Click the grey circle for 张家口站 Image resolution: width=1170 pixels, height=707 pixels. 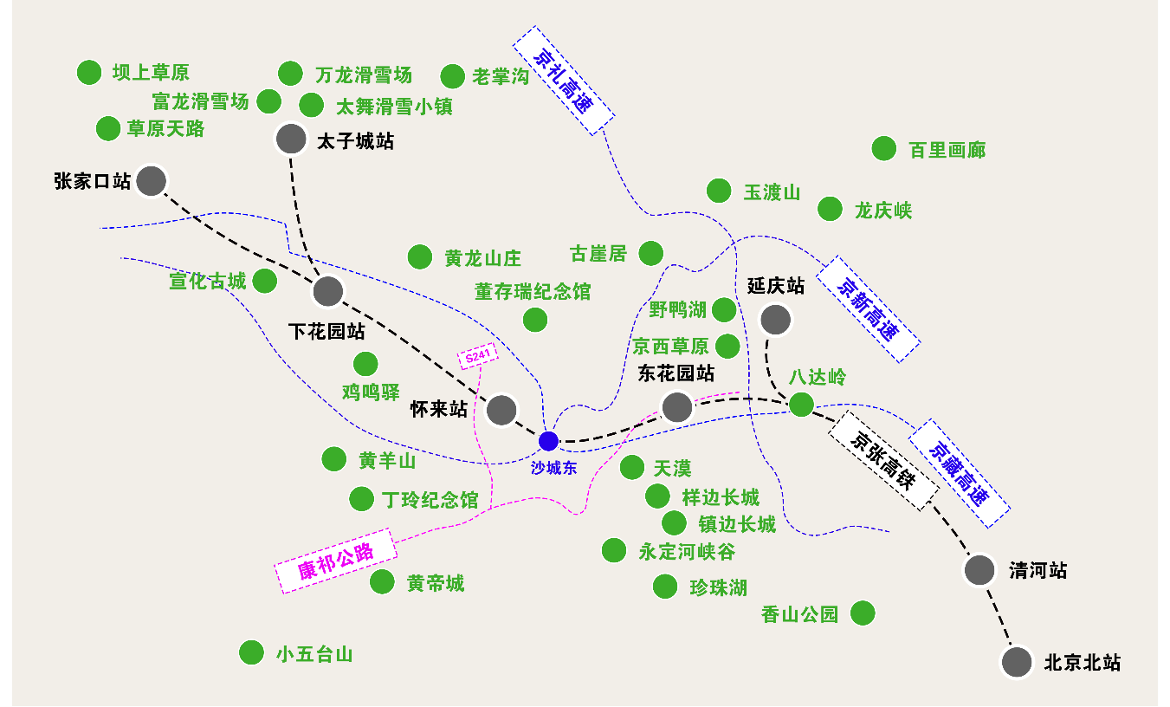click(x=152, y=181)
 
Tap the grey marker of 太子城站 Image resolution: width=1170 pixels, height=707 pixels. click(x=291, y=139)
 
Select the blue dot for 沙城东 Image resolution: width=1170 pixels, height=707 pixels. click(x=548, y=441)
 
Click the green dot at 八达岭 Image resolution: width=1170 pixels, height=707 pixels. click(x=801, y=404)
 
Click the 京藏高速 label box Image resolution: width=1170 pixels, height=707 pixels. click(x=959, y=474)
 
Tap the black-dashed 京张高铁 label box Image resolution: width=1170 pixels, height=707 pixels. click(x=883, y=461)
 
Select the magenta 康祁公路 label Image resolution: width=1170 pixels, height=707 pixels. click(x=335, y=561)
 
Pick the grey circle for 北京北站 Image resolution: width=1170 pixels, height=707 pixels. click(x=1017, y=662)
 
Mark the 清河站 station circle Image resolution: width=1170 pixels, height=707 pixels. click(x=980, y=570)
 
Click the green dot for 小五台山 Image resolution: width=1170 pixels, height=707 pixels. click(x=251, y=652)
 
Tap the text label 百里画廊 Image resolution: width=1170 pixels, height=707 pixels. click(x=947, y=150)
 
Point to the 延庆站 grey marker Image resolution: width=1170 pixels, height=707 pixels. click(x=775, y=320)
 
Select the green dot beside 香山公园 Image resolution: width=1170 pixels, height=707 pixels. click(x=863, y=613)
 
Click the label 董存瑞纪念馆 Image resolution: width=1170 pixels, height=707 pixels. click(x=533, y=292)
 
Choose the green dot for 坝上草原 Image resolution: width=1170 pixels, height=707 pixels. click(x=89, y=73)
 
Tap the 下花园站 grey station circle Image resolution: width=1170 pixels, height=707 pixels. click(x=328, y=291)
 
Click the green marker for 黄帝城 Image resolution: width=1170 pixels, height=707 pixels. click(x=382, y=582)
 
